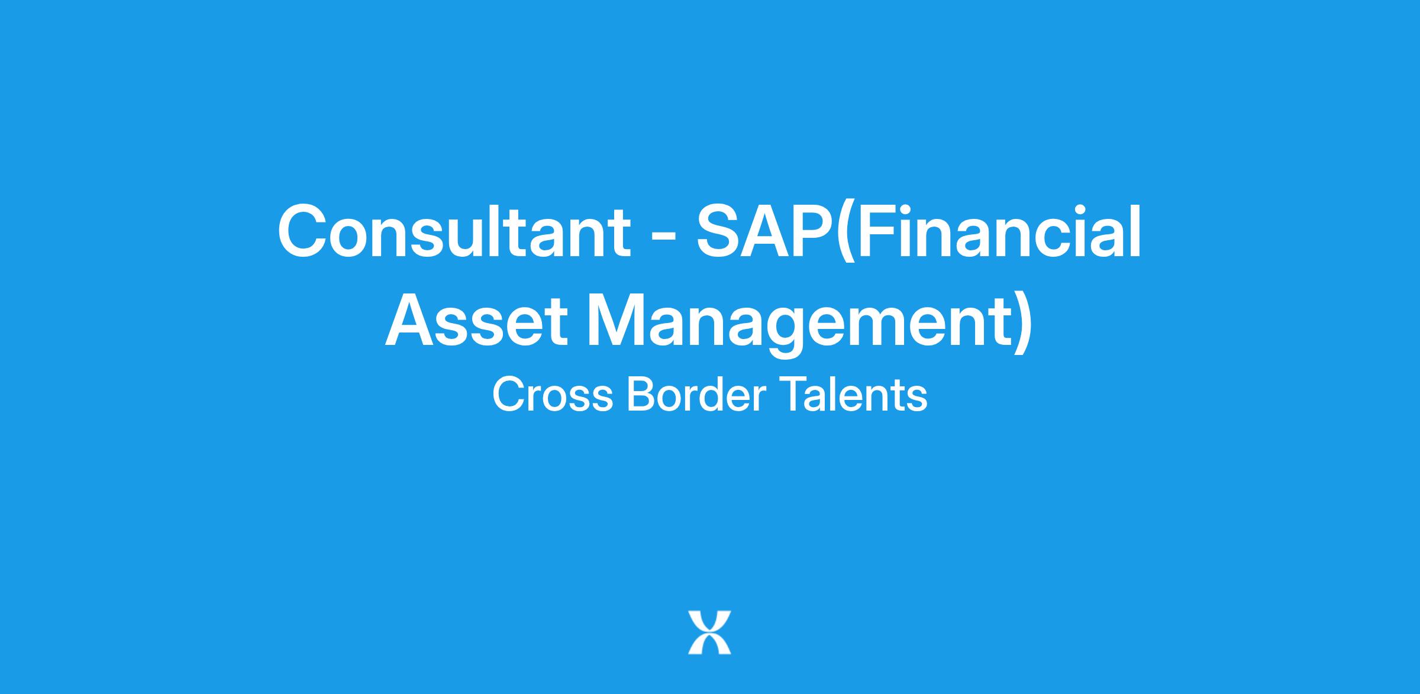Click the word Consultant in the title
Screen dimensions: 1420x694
point(454,231)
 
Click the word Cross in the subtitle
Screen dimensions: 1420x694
point(553,395)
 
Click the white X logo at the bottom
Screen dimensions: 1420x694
point(709,632)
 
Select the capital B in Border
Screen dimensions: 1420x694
point(643,395)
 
